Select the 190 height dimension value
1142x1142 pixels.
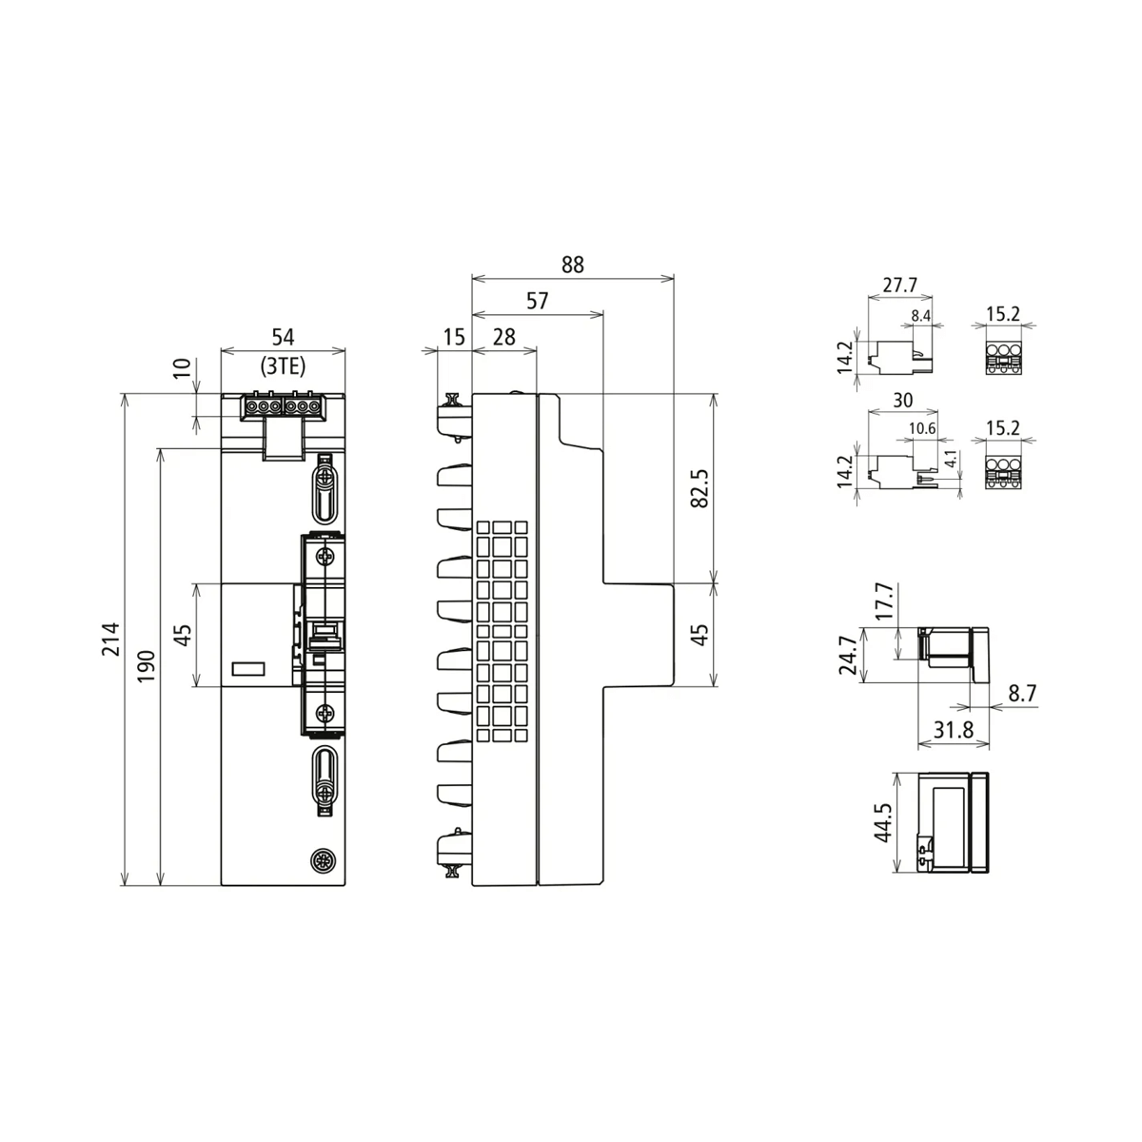[x=145, y=666]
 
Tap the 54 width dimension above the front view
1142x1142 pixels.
[x=283, y=337]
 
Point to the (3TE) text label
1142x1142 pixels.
[x=283, y=364]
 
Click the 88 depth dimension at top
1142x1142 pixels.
[x=572, y=265]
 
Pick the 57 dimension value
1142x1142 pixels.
[x=538, y=301]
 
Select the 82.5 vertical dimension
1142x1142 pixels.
[x=699, y=487]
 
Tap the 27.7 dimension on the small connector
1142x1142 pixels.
[x=899, y=285]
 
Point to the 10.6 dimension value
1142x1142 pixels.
[x=922, y=429]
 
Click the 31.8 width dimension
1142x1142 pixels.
[x=952, y=730]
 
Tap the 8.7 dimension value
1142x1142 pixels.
[x=1022, y=695]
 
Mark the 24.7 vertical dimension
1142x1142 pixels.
[x=848, y=655]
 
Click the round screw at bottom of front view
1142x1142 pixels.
[x=325, y=861]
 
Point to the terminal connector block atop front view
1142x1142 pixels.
[x=283, y=407]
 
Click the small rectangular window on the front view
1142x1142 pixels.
[x=248, y=669]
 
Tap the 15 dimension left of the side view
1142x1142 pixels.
[x=454, y=337]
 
